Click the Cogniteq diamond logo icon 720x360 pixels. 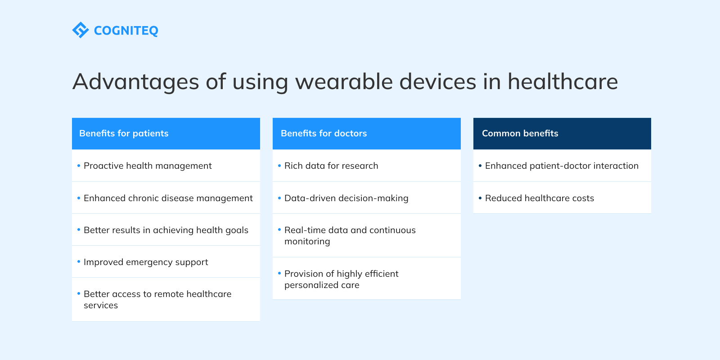[x=81, y=30]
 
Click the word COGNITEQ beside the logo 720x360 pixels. [x=126, y=31]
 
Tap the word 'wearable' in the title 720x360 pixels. [x=344, y=81]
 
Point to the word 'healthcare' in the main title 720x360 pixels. [x=562, y=81]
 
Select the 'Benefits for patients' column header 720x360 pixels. [x=166, y=133]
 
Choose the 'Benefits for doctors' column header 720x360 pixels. [x=366, y=133]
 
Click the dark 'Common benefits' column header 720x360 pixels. [x=562, y=133]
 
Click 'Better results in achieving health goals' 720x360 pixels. [x=166, y=230]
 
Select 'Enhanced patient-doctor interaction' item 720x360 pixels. [x=562, y=166]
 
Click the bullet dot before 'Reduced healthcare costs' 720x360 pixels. [x=480, y=198]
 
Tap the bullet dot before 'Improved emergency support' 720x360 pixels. [x=79, y=261]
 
